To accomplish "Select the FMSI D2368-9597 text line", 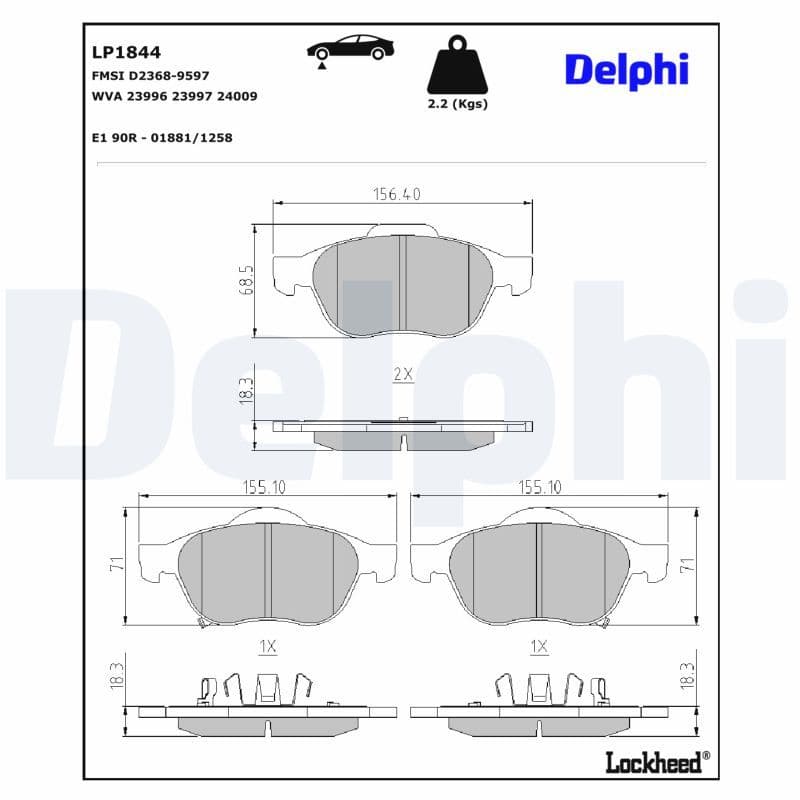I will [x=149, y=75].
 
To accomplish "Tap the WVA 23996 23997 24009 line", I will [x=174, y=96].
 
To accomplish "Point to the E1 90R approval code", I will [x=161, y=137].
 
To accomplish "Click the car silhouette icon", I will [x=349, y=50].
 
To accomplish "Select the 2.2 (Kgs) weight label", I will [x=457, y=104].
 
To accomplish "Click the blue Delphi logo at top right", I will [x=626, y=69].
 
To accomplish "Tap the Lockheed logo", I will [x=656, y=762].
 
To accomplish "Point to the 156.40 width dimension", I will [x=397, y=195].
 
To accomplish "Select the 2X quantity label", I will [x=402, y=375].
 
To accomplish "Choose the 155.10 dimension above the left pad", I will [x=264, y=487].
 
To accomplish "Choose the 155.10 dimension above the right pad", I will [x=539, y=487].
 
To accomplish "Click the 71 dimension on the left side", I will [x=116, y=564].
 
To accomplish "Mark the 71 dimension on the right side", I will [x=687, y=564].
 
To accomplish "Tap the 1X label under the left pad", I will [x=267, y=647].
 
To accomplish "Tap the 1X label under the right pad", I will [x=539, y=647].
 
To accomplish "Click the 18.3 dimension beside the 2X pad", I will [x=245, y=390].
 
